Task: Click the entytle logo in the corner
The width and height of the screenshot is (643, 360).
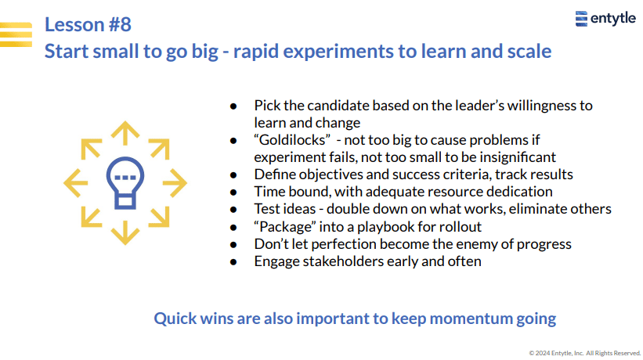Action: pos(605,19)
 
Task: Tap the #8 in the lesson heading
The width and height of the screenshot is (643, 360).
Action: pos(120,24)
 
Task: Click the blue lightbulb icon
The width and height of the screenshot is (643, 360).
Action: pos(125,183)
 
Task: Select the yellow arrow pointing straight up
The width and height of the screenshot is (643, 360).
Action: pos(125,133)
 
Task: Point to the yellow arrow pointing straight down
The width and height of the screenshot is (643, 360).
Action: pos(125,232)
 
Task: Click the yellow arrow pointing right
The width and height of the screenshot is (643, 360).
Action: pos(175,183)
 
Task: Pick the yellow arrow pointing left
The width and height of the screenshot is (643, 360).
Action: pos(76,183)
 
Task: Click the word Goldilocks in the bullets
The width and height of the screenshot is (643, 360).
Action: pos(292,140)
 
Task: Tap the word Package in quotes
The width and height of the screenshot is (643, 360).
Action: pos(285,227)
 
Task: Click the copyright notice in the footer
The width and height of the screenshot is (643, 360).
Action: pos(585,353)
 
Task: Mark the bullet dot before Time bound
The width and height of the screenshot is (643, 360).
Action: pos(233,192)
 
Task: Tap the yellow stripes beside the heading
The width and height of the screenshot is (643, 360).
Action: pos(16,34)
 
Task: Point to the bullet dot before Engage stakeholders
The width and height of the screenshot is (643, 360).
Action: pos(233,261)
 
